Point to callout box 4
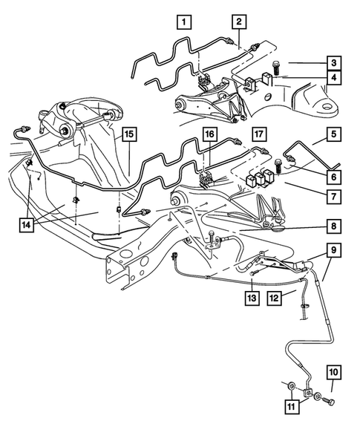335,77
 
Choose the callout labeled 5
335,136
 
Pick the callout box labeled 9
335,251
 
